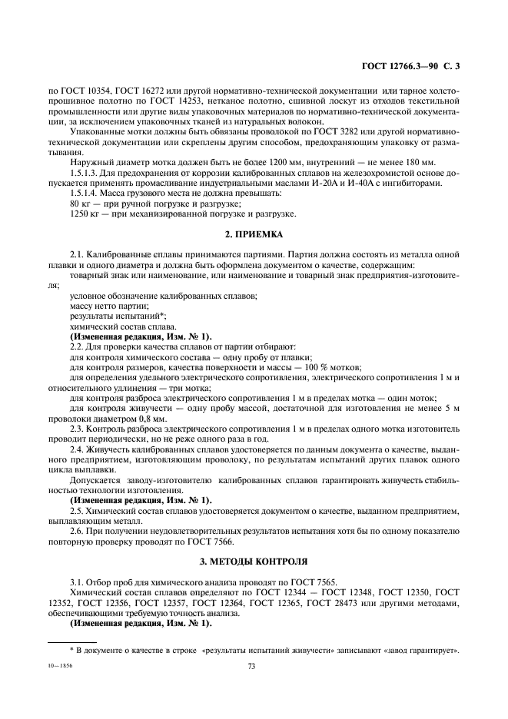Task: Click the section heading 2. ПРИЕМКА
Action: pyautogui.click(x=254, y=234)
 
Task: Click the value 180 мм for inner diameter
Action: pyautogui.click(x=417, y=161)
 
